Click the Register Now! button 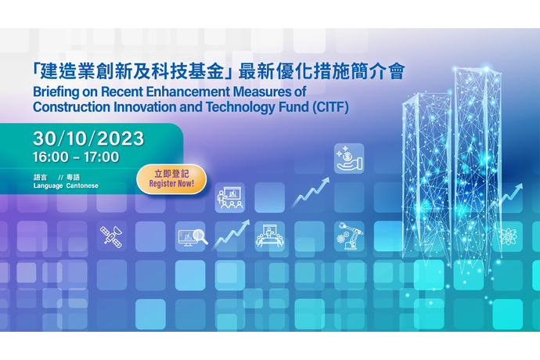pyautogui.click(x=171, y=179)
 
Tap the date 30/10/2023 pyautogui.click(x=88, y=139)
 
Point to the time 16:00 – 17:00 pyautogui.click(x=76, y=157)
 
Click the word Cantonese pyautogui.click(x=82, y=185)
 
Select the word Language pyautogui.click(x=49, y=186)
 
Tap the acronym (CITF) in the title pyautogui.click(x=330, y=107)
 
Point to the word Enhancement pyautogui.click(x=188, y=92)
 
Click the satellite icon pyautogui.click(x=111, y=236)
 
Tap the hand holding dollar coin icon pyautogui.click(x=349, y=158)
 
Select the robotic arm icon pyautogui.click(x=349, y=236)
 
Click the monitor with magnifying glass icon pyautogui.click(x=193, y=237)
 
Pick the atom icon pyautogui.click(x=508, y=236)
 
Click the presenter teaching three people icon pyautogui.click(x=230, y=198)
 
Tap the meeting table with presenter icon pyautogui.click(x=270, y=236)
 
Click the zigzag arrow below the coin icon pyautogui.click(x=310, y=193)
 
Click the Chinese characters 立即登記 pyautogui.click(x=171, y=174)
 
